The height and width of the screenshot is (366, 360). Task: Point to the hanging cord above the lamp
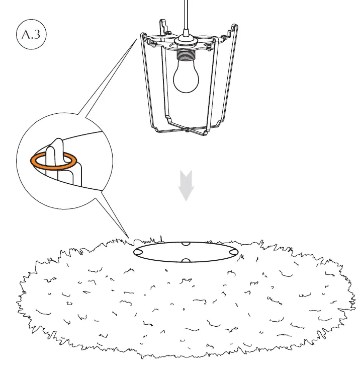coord(186,15)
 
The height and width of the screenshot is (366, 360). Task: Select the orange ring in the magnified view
coord(54,161)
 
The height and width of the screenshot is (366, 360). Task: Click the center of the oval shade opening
coord(185,252)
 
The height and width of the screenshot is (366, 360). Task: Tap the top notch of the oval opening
coord(186,244)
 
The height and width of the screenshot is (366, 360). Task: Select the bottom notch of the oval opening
coord(186,260)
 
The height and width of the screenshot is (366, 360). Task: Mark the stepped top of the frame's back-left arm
coord(162,24)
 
